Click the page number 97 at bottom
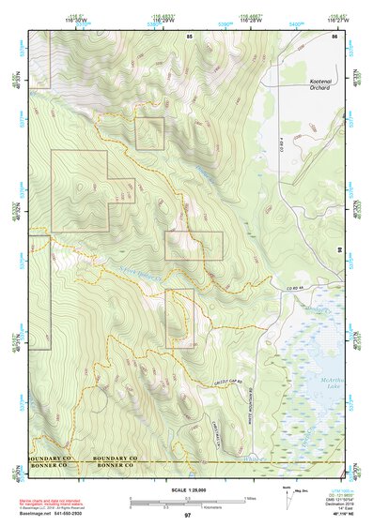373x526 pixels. tap(188, 516)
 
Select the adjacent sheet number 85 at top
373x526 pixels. tap(189, 36)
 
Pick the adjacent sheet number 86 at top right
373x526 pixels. tap(334, 36)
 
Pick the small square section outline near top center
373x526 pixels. tap(149, 133)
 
